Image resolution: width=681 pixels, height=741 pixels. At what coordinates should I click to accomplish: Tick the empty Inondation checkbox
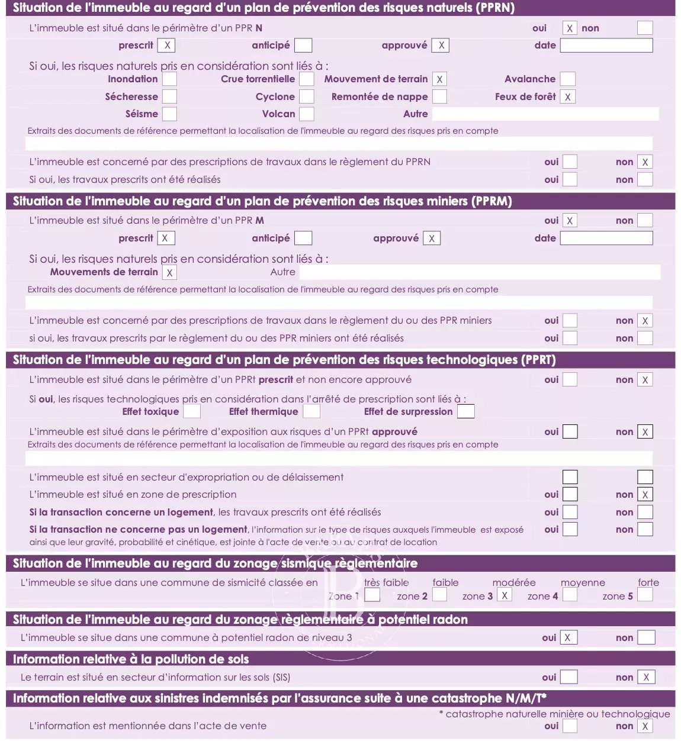pos(169,79)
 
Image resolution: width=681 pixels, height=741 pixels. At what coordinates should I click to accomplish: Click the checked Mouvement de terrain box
pos(439,79)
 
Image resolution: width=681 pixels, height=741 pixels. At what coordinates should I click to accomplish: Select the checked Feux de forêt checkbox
pos(567,96)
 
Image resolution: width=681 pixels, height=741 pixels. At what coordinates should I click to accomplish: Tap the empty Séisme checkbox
pos(169,114)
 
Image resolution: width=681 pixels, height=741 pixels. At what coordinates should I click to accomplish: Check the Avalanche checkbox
pos(567,79)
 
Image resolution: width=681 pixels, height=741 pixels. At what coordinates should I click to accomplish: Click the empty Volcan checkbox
pos(307,114)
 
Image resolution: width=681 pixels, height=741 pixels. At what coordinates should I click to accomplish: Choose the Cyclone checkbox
pos(307,96)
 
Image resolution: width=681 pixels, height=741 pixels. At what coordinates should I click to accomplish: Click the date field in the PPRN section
pos(606,46)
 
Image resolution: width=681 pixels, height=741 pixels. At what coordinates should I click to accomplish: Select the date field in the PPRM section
pos(606,238)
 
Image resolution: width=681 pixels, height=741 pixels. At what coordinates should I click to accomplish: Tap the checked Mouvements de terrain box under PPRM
pos(169,272)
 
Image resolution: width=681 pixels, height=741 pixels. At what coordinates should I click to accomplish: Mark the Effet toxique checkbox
pos(192,411)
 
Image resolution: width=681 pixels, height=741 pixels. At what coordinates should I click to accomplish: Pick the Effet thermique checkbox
pos(311,411)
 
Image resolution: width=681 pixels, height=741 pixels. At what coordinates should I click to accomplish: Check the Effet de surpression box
pos(466,411)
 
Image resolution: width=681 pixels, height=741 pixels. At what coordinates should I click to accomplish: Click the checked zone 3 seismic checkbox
pos(504,595)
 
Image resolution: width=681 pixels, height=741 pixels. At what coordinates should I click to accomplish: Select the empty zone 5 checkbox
pos(645,595)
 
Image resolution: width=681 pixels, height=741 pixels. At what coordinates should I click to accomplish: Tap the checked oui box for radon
pos(568,637)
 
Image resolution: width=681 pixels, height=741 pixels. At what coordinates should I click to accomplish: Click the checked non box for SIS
pos(646,677)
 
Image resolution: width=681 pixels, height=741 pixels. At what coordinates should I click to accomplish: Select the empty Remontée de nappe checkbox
pos(439,96)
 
